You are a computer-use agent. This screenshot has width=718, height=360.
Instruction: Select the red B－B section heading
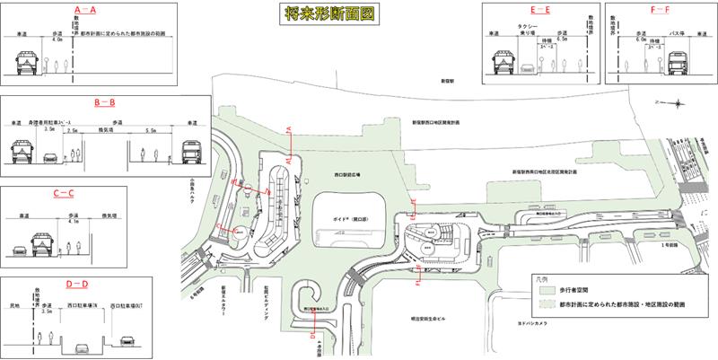[x=104, y=104]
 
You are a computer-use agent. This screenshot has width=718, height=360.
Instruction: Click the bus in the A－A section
[x=28, y=62]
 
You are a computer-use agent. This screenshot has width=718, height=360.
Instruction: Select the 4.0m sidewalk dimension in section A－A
[x=59, y=40]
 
